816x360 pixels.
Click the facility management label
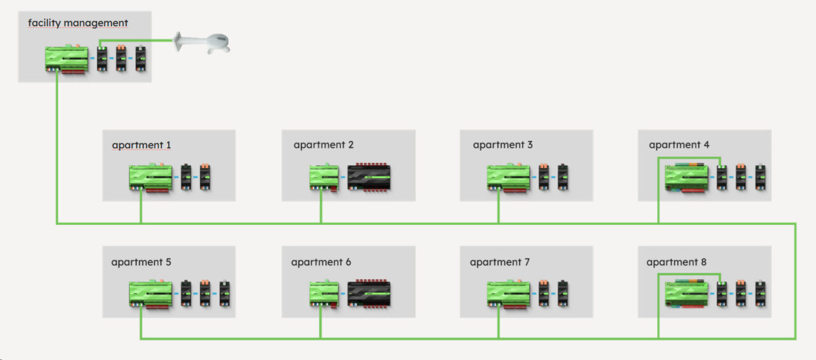[x=78, y=24]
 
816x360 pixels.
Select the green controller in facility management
[x=67, y=59]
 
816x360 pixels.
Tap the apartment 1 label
[x=141, y=145]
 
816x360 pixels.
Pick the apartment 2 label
[x=323, y=145]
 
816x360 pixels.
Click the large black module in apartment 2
[x=368, y=178]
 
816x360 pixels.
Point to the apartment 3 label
[x=502, y=145]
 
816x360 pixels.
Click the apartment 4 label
[x=679, y=145]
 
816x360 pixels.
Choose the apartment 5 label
[x=141, y=263]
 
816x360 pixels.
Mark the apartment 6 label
[x=321, y=263]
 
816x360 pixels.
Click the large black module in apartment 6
[x=368, y=294]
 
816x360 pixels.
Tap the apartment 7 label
[x=500, y=263]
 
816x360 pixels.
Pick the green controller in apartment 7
[x=508, y=294]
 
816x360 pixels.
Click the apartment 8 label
[x=676, y=263]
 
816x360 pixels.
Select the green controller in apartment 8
[x=687, y=294]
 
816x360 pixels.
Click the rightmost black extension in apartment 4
[x=760, y=178]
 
